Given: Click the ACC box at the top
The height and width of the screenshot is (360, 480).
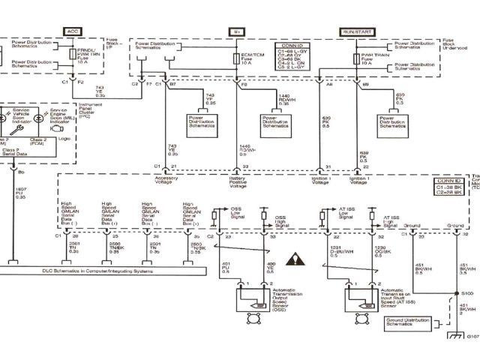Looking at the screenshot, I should click(72, 31).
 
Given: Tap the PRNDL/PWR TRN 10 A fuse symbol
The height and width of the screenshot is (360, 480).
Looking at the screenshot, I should click(72, 55).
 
